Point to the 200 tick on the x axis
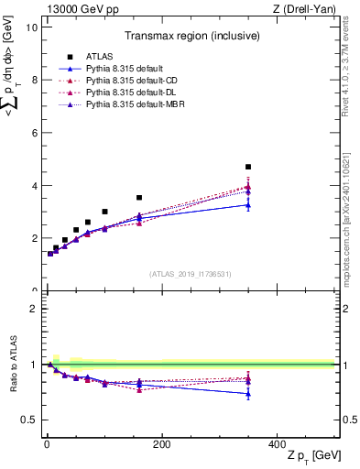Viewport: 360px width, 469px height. coord(162,444)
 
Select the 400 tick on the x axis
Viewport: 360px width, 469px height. coord(278,444)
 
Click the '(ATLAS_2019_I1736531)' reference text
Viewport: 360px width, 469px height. coord(190,274)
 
